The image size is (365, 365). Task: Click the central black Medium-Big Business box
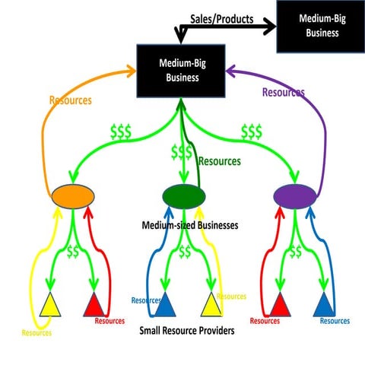tap(180, 71)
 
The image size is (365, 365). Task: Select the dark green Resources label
tap(219, 161)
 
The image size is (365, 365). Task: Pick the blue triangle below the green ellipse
tap(162, 305)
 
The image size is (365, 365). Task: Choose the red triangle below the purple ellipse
tap(278, 305)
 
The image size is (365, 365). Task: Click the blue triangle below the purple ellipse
tap(325, 305)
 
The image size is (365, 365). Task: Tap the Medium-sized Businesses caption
tap(190, 225)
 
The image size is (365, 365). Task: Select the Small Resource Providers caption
tap(186, 332)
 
